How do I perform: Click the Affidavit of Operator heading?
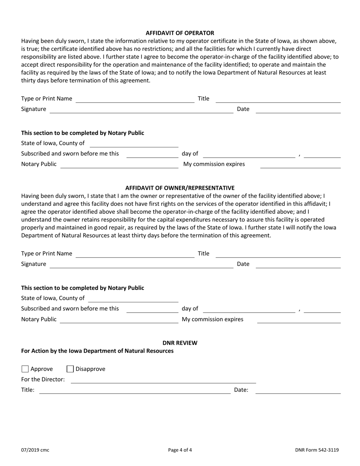coord(180,33)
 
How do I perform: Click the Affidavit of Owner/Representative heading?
coord(180,188)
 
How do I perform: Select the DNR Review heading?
coord(180,343)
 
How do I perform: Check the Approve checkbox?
coord(25,369)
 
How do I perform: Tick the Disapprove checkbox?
coord(70,369)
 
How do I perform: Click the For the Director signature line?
coord(163,380)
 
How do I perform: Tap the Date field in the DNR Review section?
coord(298,390)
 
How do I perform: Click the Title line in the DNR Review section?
coord(135,390)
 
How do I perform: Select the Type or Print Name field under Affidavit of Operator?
coord(135,99)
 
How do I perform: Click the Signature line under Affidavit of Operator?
coord(141,109)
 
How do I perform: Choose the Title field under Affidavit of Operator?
coord(278,99)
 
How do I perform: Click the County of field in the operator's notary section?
coord(134,144)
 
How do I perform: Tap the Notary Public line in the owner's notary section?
coord(119,320)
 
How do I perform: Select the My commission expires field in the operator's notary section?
coord(300,164)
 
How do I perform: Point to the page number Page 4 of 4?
coord(180,450)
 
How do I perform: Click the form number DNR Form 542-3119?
coord(317,450)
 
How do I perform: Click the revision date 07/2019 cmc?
coord(35,450)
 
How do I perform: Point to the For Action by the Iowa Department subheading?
coord(97,351)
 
